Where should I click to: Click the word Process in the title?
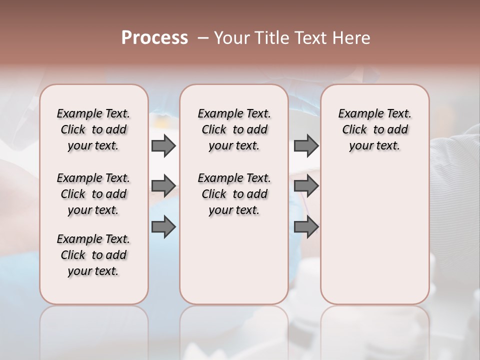154,37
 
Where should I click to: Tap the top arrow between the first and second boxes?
163,145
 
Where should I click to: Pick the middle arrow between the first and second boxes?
163,186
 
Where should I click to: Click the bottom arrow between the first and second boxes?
163,226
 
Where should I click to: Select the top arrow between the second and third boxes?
306,145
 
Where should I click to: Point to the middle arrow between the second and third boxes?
306,186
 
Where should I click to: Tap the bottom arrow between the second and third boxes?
306,226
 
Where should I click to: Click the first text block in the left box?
93,129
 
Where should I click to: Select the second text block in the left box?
93,194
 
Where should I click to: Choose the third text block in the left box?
93,255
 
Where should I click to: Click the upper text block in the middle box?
234,129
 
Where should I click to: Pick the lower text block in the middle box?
234,194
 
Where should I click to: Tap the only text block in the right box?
375,129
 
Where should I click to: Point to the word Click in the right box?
354,129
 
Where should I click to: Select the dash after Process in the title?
202,37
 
